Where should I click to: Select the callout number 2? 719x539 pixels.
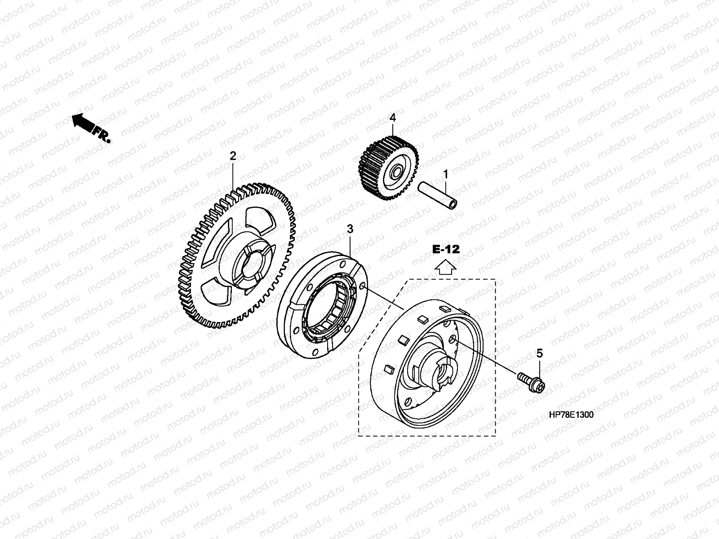pos(233,156)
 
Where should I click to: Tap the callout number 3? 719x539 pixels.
pos(350,229)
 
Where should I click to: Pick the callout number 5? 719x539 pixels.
pos(540,353)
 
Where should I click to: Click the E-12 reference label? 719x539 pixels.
pos(446,250)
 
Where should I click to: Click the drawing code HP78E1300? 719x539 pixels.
pos(571,415)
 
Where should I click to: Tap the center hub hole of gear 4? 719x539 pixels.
pos(397,172)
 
